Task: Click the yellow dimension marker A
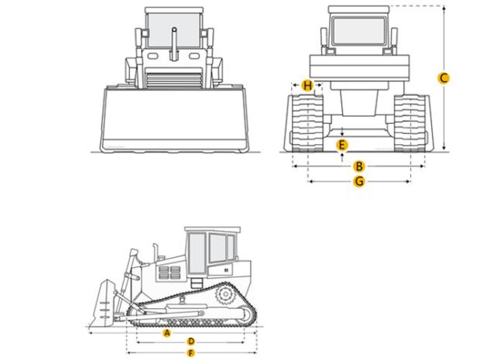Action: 167,333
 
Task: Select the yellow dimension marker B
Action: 359,166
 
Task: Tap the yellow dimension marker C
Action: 443,78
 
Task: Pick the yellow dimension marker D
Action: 191,341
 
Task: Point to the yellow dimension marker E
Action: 342,145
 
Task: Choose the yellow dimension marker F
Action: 191,353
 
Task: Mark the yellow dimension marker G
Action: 359,182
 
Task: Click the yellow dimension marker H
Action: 307,86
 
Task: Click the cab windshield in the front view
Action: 174,31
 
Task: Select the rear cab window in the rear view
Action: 358,31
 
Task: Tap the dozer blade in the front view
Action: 174,119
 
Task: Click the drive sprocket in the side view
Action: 225,294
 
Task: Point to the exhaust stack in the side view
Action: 156,252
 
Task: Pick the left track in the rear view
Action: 307,123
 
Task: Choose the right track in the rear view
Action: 410,123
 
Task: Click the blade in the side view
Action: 103,303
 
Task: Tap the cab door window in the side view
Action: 197,253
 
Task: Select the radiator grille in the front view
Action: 175,80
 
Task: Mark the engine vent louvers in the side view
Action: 169,273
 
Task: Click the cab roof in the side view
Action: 212,230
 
